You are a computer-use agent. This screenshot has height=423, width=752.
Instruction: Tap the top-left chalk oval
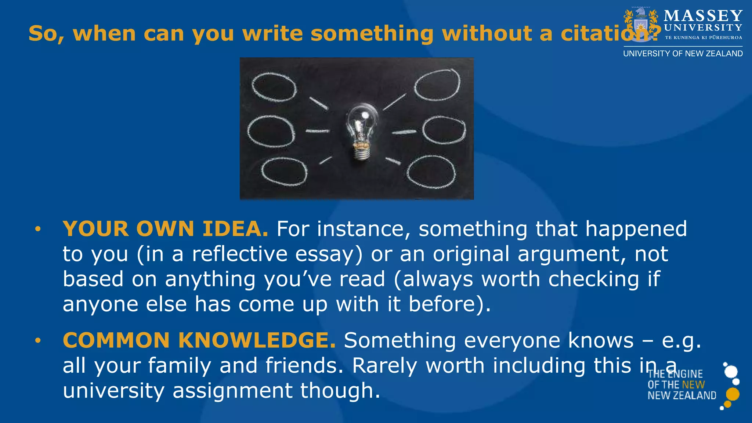click(x=274, y=87)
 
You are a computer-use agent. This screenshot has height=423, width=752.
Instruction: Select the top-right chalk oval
click(x=437, y=85)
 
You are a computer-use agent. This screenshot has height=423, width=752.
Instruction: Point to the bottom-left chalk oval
click(x=284, y=171)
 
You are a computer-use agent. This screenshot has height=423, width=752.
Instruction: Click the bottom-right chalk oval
click(x=431, y=172)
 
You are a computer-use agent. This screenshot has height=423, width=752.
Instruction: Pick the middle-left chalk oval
click(x=271, y=131)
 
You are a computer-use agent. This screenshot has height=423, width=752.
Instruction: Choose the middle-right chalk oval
click(x=444, y=130)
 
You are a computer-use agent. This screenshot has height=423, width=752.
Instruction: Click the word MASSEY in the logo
click(x=703, y=16)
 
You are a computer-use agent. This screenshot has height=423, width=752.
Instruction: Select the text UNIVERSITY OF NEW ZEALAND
click(x=683, y=54)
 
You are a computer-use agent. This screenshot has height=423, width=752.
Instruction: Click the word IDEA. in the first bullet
click(x=235, y=229)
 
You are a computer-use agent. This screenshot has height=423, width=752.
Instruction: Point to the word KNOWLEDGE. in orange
click(x=257, y=340)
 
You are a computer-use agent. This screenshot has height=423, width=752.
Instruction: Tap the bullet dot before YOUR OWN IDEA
click(x=37, y=229)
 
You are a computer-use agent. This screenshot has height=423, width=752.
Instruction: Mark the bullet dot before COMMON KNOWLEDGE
click(x=37, y=341)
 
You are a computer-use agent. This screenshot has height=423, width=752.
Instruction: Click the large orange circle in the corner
click(x=733, y=394)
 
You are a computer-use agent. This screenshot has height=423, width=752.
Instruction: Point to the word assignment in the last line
click(x=232, y=390)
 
